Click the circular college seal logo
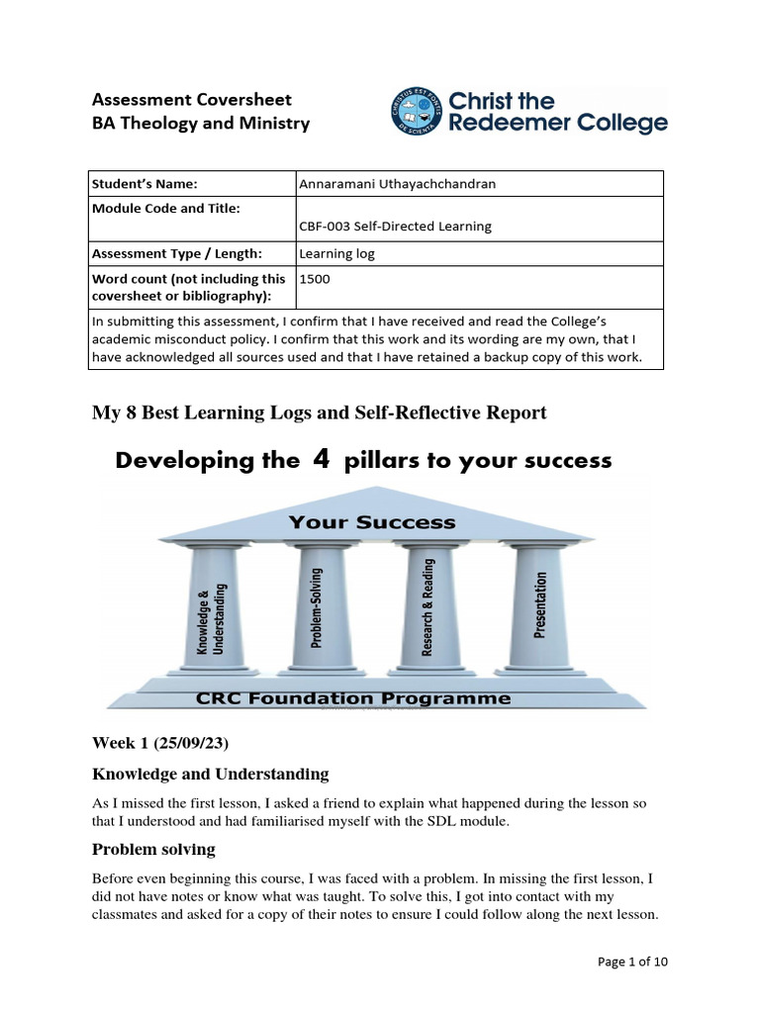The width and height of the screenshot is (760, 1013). point(416,112)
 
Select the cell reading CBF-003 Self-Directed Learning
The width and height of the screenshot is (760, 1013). point(395,226)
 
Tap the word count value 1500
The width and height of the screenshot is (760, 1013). point(315,279)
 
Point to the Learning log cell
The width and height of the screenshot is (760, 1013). point(336,253)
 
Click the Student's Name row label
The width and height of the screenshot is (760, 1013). point(144,183)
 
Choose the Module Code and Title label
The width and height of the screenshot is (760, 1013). point(165,208)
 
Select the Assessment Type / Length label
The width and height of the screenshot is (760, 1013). point(176,253)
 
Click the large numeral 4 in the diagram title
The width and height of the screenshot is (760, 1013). point(321,460)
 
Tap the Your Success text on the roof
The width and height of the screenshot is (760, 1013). point(372,521)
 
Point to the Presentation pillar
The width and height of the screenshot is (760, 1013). point(540,605)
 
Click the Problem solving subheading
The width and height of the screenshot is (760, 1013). point(153,849)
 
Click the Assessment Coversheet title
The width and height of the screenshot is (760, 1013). point(192,99)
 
